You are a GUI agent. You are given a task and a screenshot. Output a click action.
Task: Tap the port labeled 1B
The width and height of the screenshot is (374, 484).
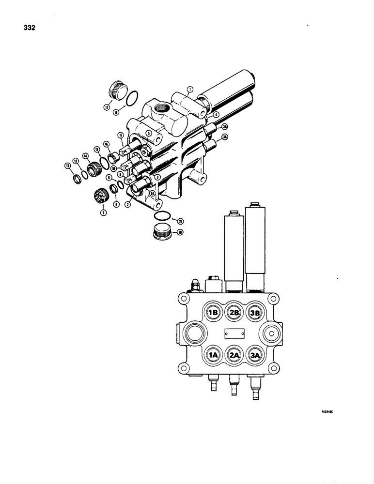point(213,313)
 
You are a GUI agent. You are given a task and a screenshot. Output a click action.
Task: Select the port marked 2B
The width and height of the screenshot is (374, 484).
point(234,313)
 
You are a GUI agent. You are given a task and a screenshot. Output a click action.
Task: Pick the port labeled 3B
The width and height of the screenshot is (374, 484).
point(255,313)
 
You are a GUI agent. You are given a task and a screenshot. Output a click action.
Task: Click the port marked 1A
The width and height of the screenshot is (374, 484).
point(213,355)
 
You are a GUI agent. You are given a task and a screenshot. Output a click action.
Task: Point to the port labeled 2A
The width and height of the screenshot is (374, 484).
point(234,355)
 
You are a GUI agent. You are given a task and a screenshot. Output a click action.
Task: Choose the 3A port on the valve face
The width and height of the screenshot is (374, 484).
point(255,355)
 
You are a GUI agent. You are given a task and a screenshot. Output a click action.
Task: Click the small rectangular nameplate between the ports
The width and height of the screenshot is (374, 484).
point(234,333)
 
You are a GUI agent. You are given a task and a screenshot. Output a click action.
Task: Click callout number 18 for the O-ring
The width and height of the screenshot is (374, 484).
point(116,112)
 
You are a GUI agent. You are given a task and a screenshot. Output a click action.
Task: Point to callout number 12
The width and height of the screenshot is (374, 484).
point(67,166)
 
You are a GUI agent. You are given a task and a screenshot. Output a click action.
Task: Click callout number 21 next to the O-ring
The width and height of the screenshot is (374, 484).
point(180,221)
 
